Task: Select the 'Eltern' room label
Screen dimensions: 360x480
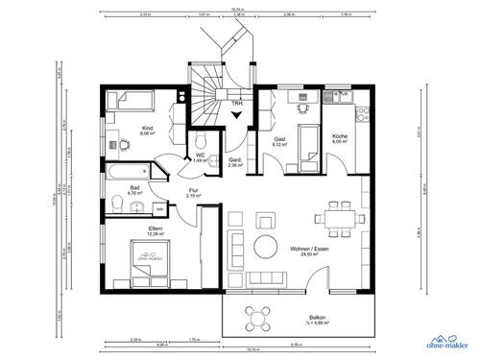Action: [129, 228]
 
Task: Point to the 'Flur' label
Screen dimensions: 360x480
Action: [193, 190]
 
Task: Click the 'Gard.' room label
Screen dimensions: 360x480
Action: [234, 161]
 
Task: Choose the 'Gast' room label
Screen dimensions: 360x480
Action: [280, 140]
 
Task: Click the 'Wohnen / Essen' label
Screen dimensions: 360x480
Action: [309, 248]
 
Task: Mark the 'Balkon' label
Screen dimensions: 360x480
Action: [318, 318]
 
